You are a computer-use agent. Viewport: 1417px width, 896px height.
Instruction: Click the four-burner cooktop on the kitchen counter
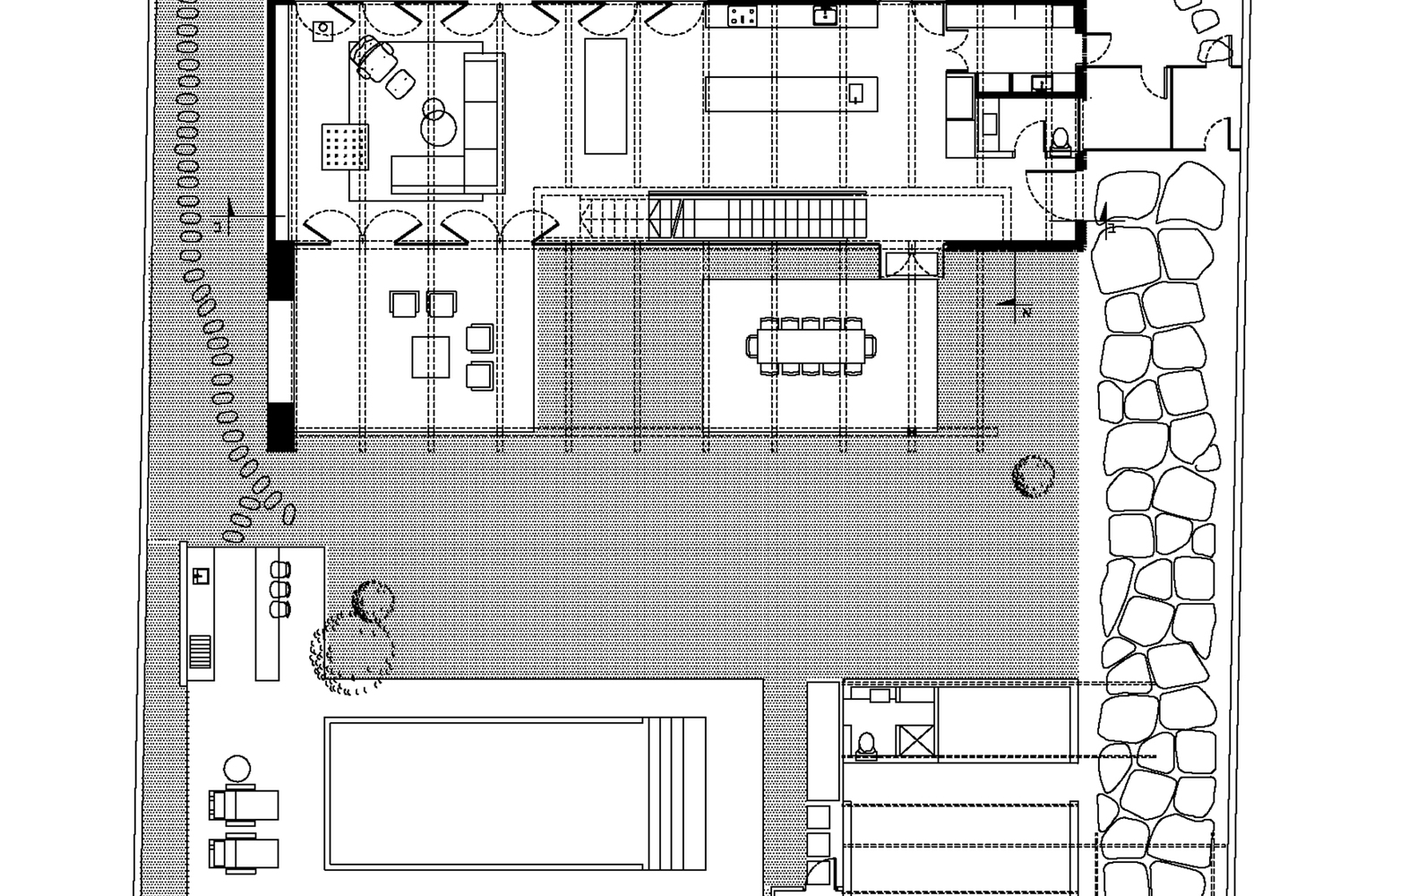pos(743,15)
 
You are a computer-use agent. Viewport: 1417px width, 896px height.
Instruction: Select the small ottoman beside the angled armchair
pos(399,83)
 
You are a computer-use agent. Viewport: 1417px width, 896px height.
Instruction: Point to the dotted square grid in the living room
pos(345,146)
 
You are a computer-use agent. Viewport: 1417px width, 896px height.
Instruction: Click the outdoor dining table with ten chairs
pos(812,345)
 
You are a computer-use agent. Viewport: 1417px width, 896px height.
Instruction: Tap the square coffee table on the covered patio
pos(431,357)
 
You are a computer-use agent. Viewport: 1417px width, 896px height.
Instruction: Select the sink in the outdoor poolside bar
pos(201,575)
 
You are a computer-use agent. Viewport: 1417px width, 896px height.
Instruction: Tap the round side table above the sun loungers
pos(236,769)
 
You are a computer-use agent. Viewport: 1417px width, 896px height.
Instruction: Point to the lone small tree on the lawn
pos(1033,475)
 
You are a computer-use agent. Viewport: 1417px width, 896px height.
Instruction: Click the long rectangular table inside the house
pos(606,95)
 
